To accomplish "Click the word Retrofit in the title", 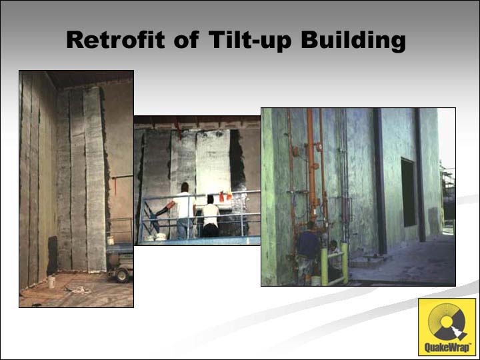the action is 115,39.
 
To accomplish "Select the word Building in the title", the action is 353,41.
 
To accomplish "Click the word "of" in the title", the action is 187,39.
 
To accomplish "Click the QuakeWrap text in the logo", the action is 447,347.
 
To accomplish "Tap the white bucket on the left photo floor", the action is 52,281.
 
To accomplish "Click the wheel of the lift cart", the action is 122,275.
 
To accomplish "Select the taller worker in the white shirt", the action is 183,211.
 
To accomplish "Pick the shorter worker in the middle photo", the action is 211,216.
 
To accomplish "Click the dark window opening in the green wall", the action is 409,192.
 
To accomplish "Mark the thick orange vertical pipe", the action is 311,165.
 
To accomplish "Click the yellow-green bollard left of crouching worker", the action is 324,266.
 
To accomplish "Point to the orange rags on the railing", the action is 225,196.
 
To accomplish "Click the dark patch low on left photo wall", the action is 53,255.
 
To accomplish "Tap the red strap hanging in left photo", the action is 115,186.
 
